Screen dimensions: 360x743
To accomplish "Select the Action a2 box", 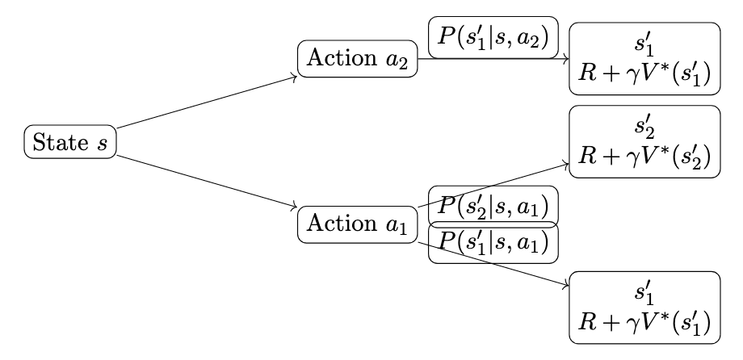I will pyautogui.click(x=357, y=61).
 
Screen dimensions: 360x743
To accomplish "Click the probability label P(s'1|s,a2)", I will pyautogui.click(x=493, y=38).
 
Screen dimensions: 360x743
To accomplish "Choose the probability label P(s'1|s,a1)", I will pyautogui.click(x=493, y=241).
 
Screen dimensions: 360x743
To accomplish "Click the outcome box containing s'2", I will pyautogui.click(x=644, y=142).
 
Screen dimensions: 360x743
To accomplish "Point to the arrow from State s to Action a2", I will pyautogui.click(x=206, y=103).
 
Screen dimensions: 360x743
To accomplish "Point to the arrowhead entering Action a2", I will pyautogui.click(x=293, y=77).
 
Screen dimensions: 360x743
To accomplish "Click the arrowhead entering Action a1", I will pyautogui.click(x=293, y=209).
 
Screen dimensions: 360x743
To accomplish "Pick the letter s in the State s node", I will pyautogui.click(x=102, y=144).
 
